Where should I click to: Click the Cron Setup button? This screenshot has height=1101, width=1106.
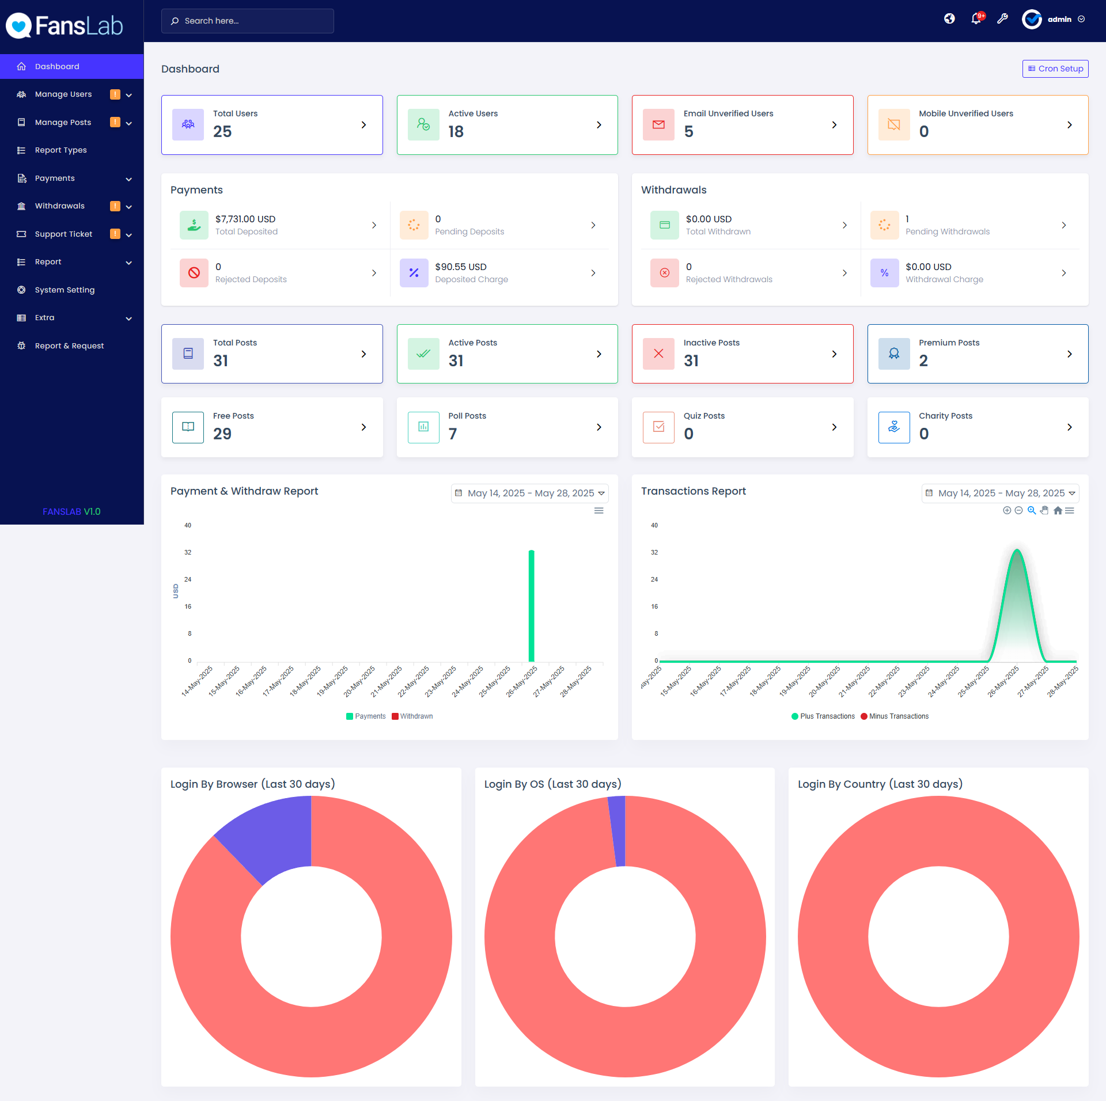[x=1055, y=69]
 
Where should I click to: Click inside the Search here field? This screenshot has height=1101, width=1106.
[x=248, y=21]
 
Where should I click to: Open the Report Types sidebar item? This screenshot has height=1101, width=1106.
[x=60, y=150]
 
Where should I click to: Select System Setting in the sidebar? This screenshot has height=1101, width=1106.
[x=65, y=290]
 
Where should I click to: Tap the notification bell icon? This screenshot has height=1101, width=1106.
[x=976, y=19]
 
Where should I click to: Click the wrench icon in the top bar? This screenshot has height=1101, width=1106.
[x=1003, y=19]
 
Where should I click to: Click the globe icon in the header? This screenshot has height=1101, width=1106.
[x=949, y=19]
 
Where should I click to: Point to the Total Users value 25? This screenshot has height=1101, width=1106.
[x=222, y=132]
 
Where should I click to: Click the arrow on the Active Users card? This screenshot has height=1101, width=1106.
[x=599, y=125]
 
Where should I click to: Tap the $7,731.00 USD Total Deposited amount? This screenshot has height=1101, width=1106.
[x=245, y=219]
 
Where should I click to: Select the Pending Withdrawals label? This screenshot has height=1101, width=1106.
[x=948, y=231]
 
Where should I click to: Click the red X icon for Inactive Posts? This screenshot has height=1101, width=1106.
[x=659, y=354]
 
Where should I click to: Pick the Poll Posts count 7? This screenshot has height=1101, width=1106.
[x=453, y=434]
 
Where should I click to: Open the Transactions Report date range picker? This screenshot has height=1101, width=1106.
[x=1000, y=493]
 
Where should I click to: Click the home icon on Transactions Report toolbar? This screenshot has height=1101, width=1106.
[x=1058, y=511]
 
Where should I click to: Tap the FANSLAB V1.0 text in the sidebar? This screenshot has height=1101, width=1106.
[x=71, y=511]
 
